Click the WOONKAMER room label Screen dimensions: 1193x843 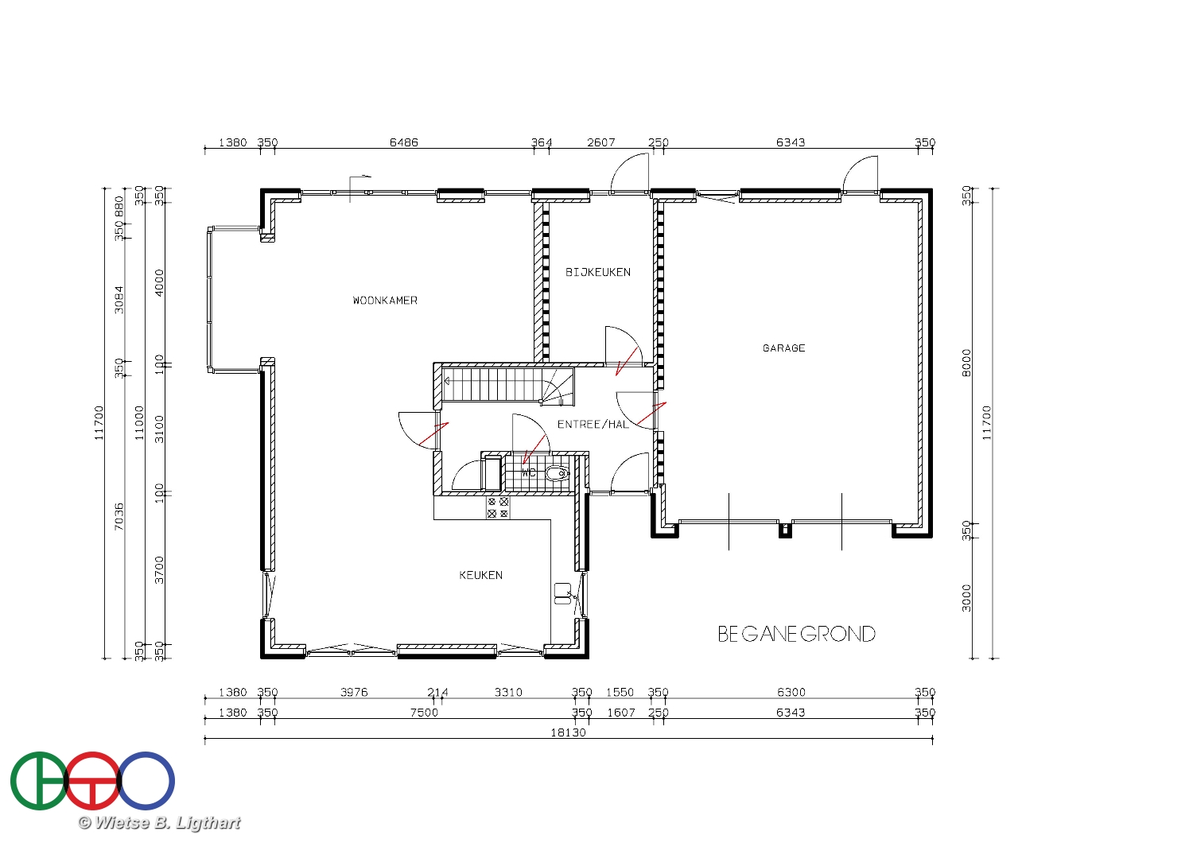tap(384, 301)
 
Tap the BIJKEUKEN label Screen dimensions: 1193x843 tap(597, 272)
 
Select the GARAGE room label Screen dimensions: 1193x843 tap(783, 348)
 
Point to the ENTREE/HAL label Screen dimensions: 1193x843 tap(593, 425)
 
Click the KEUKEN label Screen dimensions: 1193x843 tap(480, 575)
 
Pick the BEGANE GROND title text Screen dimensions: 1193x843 tap(796, 635)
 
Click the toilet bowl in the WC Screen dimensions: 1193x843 tap(557, 473)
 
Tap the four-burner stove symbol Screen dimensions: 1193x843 tap(497, 507)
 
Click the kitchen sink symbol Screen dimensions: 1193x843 tap(562, 593)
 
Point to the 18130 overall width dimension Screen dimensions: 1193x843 tap(568, 732)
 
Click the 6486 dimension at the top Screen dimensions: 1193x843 tap(404, 142)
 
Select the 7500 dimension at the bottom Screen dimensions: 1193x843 tap(424, 713)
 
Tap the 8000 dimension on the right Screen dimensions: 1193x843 tap(966, 363)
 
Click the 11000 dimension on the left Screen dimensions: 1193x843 tap(139, 423)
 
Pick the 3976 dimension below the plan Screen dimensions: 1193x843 tap(354, 692)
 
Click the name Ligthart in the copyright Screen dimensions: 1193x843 tap(208, 823)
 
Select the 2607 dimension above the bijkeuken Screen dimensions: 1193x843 tap(600, 142)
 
